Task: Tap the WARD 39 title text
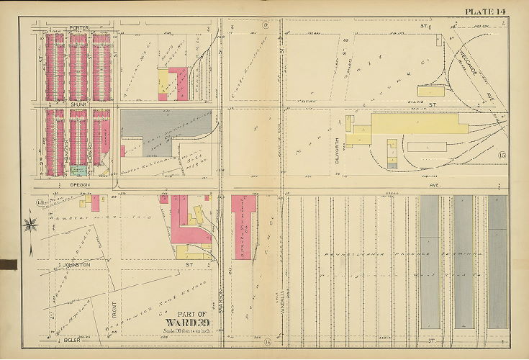point(186,321)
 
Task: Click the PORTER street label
point(78,27)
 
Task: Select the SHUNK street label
point(78,105)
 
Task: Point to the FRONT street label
point(114,305)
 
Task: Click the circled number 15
point(502,156)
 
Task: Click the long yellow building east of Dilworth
point(410,123)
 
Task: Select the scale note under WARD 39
point(186,330)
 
